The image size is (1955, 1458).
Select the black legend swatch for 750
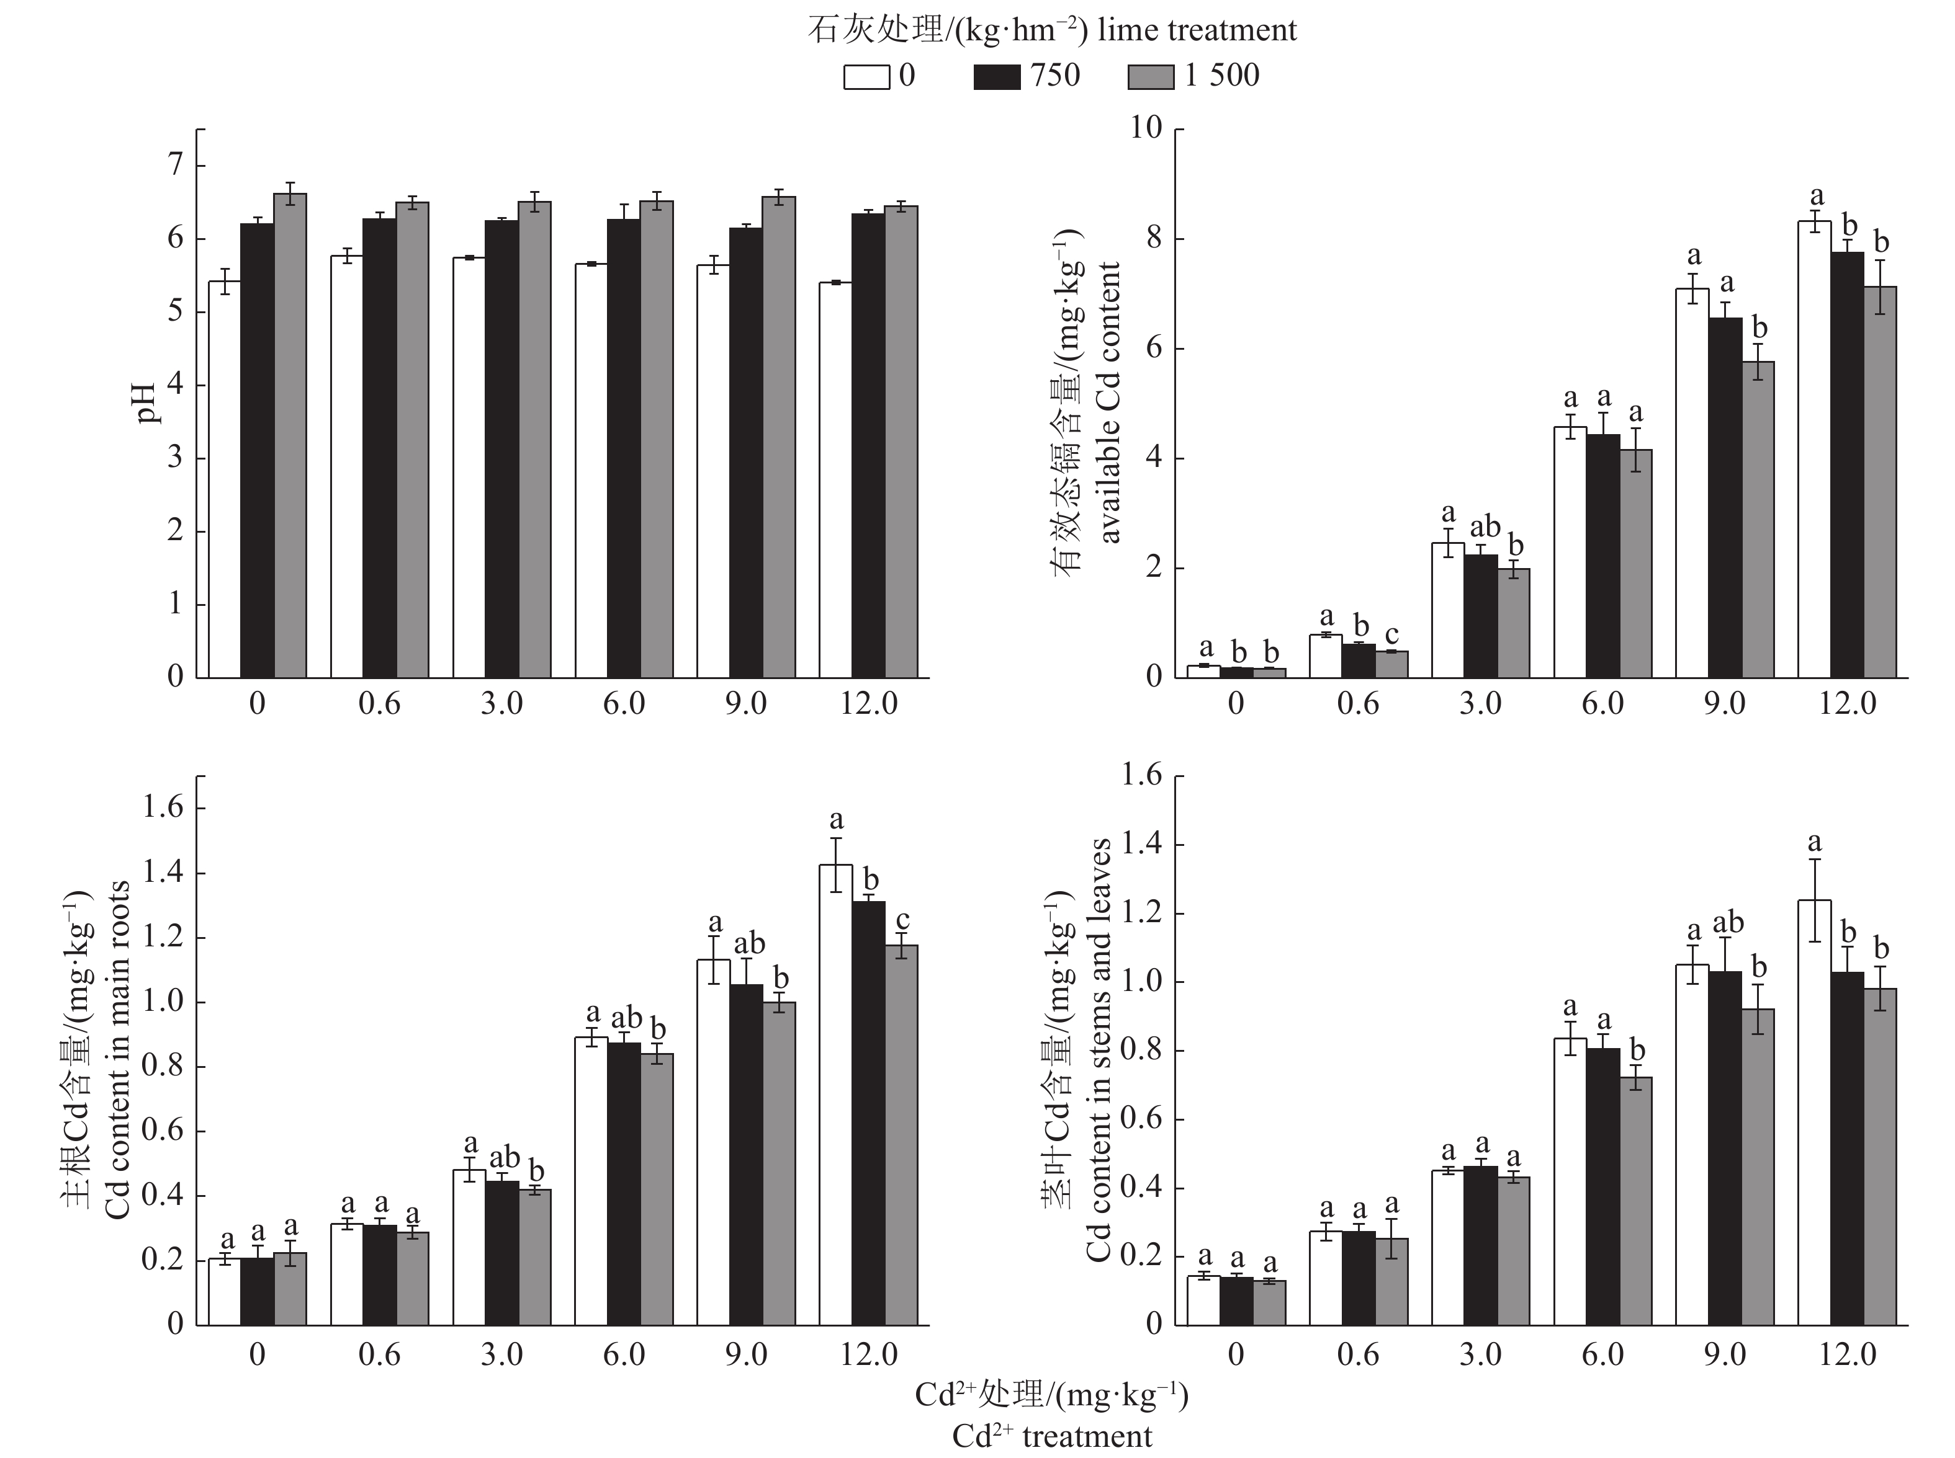click(996, 77)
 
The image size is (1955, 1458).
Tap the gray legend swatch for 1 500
click(1151, 77)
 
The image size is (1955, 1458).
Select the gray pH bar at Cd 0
click(290, 436)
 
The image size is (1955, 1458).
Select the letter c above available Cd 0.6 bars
click(1391, 634)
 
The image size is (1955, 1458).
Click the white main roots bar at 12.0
click(835, 1095)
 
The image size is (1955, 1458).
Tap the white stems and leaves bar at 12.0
click(1813, 1112)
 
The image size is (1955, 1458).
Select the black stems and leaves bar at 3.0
click(1481, 1245)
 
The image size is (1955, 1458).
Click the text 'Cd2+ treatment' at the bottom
click(1052, 1436)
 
